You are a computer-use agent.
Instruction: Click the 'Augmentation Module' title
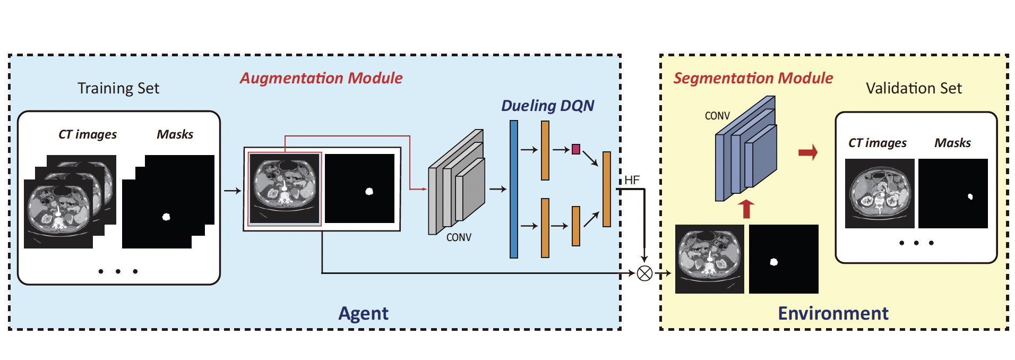321,78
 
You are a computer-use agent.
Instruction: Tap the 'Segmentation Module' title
753,78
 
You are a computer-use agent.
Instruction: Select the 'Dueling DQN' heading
547,106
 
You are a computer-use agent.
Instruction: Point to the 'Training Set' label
118,88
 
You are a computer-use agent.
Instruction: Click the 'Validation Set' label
914,88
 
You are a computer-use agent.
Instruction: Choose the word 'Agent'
364,313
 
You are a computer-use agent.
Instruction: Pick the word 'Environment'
833,313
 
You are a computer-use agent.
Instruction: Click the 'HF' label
632,180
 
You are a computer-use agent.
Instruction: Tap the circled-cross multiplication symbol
644,273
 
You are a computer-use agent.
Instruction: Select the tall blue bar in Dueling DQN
514,189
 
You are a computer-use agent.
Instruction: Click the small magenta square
576,149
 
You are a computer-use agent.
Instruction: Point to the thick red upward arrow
746,209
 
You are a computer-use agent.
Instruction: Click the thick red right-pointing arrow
808,153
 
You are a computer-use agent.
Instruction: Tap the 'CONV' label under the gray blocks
459,237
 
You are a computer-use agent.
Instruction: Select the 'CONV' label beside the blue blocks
717,116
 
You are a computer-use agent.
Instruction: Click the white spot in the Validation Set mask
970,197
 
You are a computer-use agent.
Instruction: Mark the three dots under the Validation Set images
916,243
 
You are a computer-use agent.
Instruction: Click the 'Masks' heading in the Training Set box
175,134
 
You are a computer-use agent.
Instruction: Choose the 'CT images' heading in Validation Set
877,143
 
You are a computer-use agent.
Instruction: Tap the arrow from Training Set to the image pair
233,191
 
